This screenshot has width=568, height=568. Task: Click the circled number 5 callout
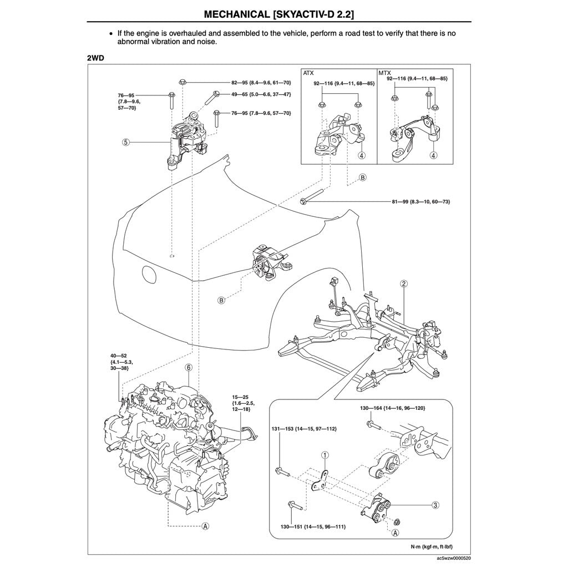click(x=126, y=143)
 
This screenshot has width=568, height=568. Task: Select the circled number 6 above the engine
click(x=189, y=367)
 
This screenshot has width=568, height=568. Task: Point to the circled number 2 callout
click(x=404, y=283)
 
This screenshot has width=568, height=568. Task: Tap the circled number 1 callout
click(x=325, y=455)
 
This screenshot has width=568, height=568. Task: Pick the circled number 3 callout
click(x=435, y=505)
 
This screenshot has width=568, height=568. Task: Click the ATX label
click(x=308, y=73)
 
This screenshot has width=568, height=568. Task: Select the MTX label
click(x=384, y=73)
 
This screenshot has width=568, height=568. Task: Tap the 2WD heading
click(x=95, y=57)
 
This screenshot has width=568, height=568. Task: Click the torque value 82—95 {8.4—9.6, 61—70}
click(x=253, y=82)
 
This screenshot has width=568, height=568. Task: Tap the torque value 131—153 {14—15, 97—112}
click(x=304, y=429)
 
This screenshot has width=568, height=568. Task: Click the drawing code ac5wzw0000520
click(x=454, y=558)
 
